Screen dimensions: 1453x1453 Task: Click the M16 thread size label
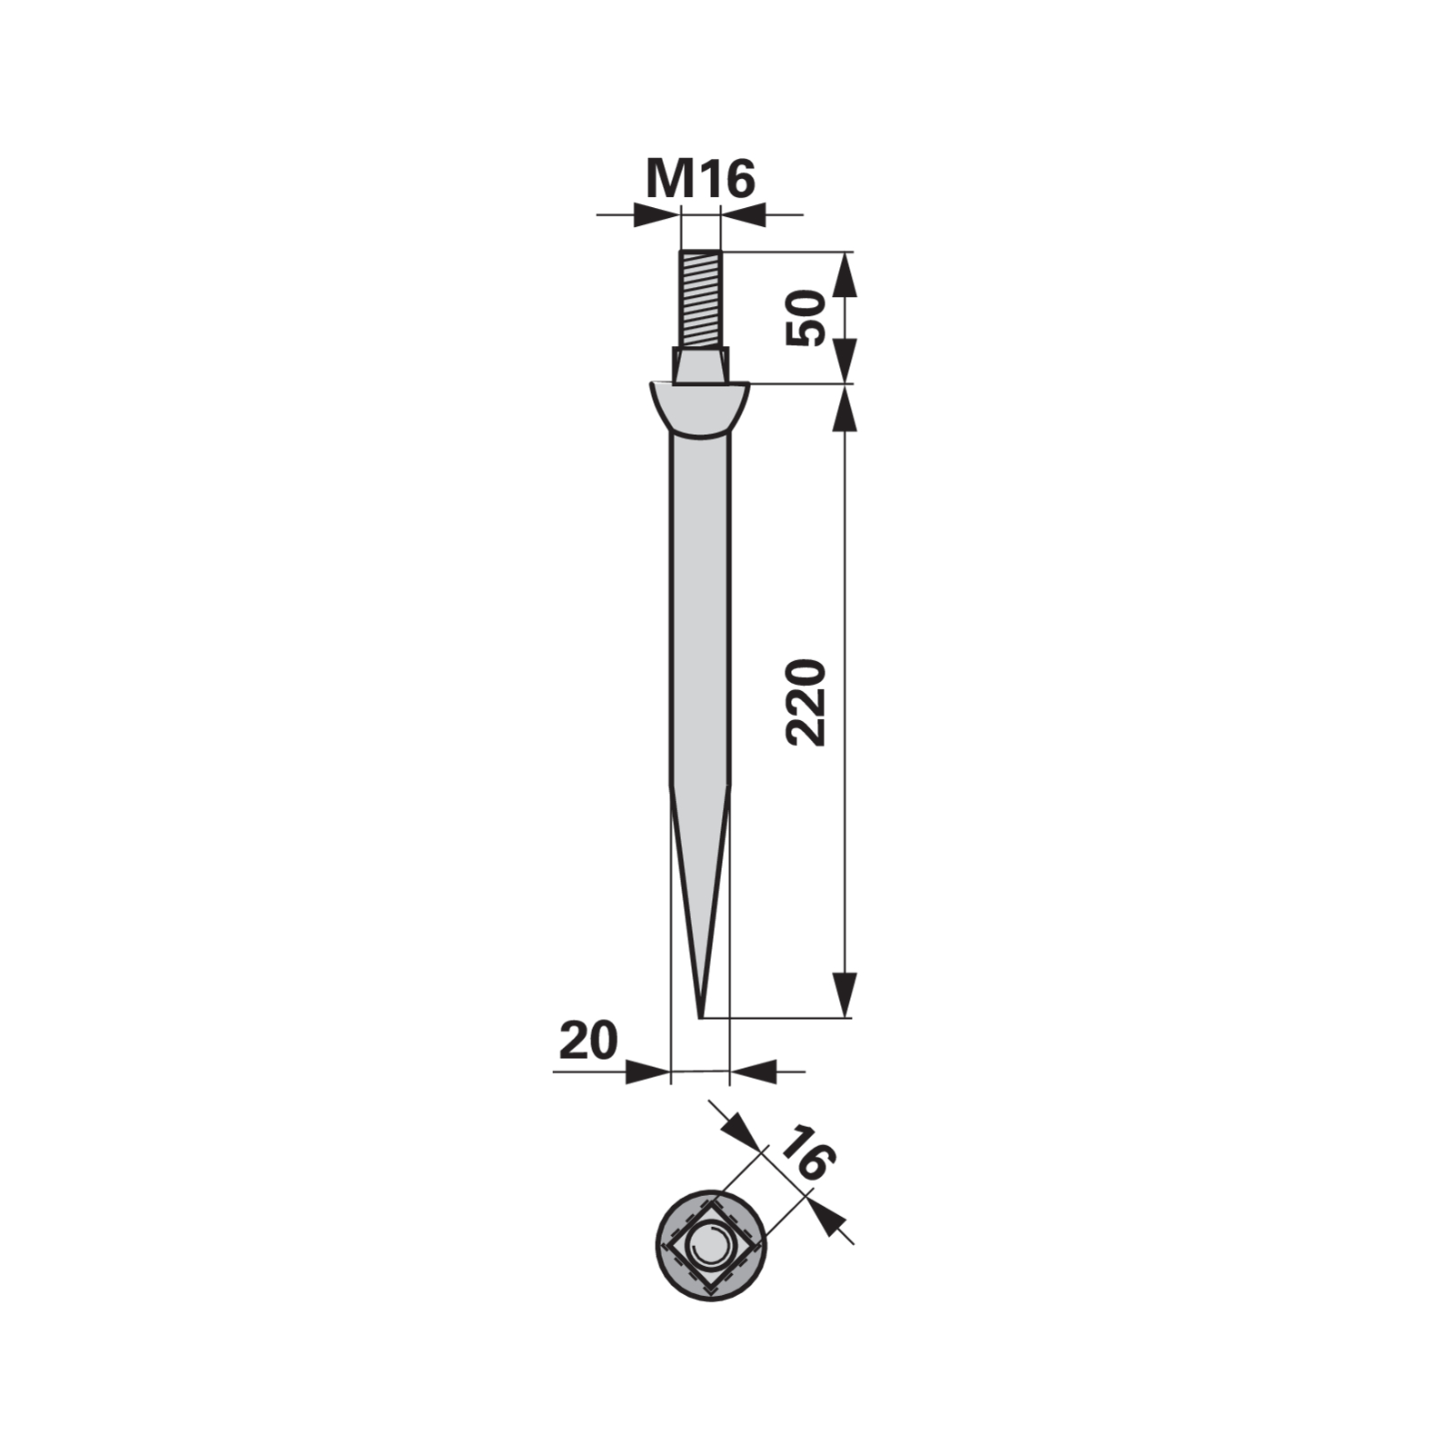click(x=700, y=179)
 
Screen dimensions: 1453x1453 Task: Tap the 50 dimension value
click(x=806, y=318)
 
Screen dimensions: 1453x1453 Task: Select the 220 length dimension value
click(x=806, y=703)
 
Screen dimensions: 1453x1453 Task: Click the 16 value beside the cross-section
click(x=806, y=1152)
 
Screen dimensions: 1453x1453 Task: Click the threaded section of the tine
click(x=699, y=300)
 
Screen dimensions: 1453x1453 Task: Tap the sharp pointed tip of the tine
click(x=701, y=1016)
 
